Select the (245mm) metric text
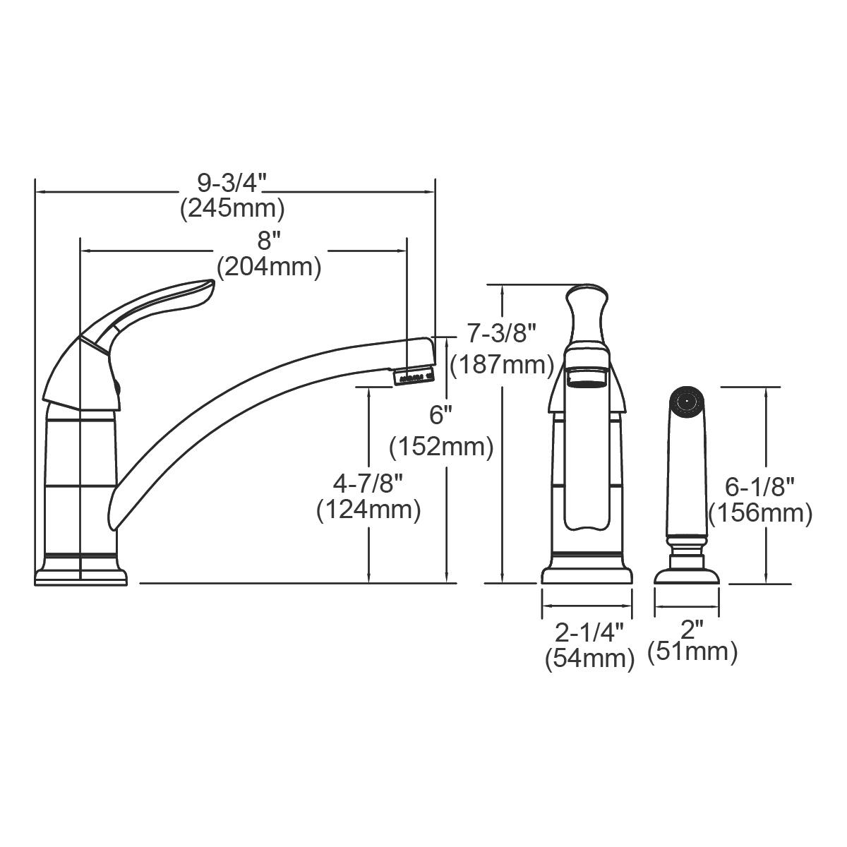(232, 208)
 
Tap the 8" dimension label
(265, 242)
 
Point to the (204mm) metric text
(269, 268)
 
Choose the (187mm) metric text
(502, 364)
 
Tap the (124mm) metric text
(368, 510)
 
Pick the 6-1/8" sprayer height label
(760, 486)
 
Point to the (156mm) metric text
(760, 513)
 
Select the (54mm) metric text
(589, 659)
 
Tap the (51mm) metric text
(692, 651)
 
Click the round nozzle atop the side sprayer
(683, 400)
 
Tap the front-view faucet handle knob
(586, 311)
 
